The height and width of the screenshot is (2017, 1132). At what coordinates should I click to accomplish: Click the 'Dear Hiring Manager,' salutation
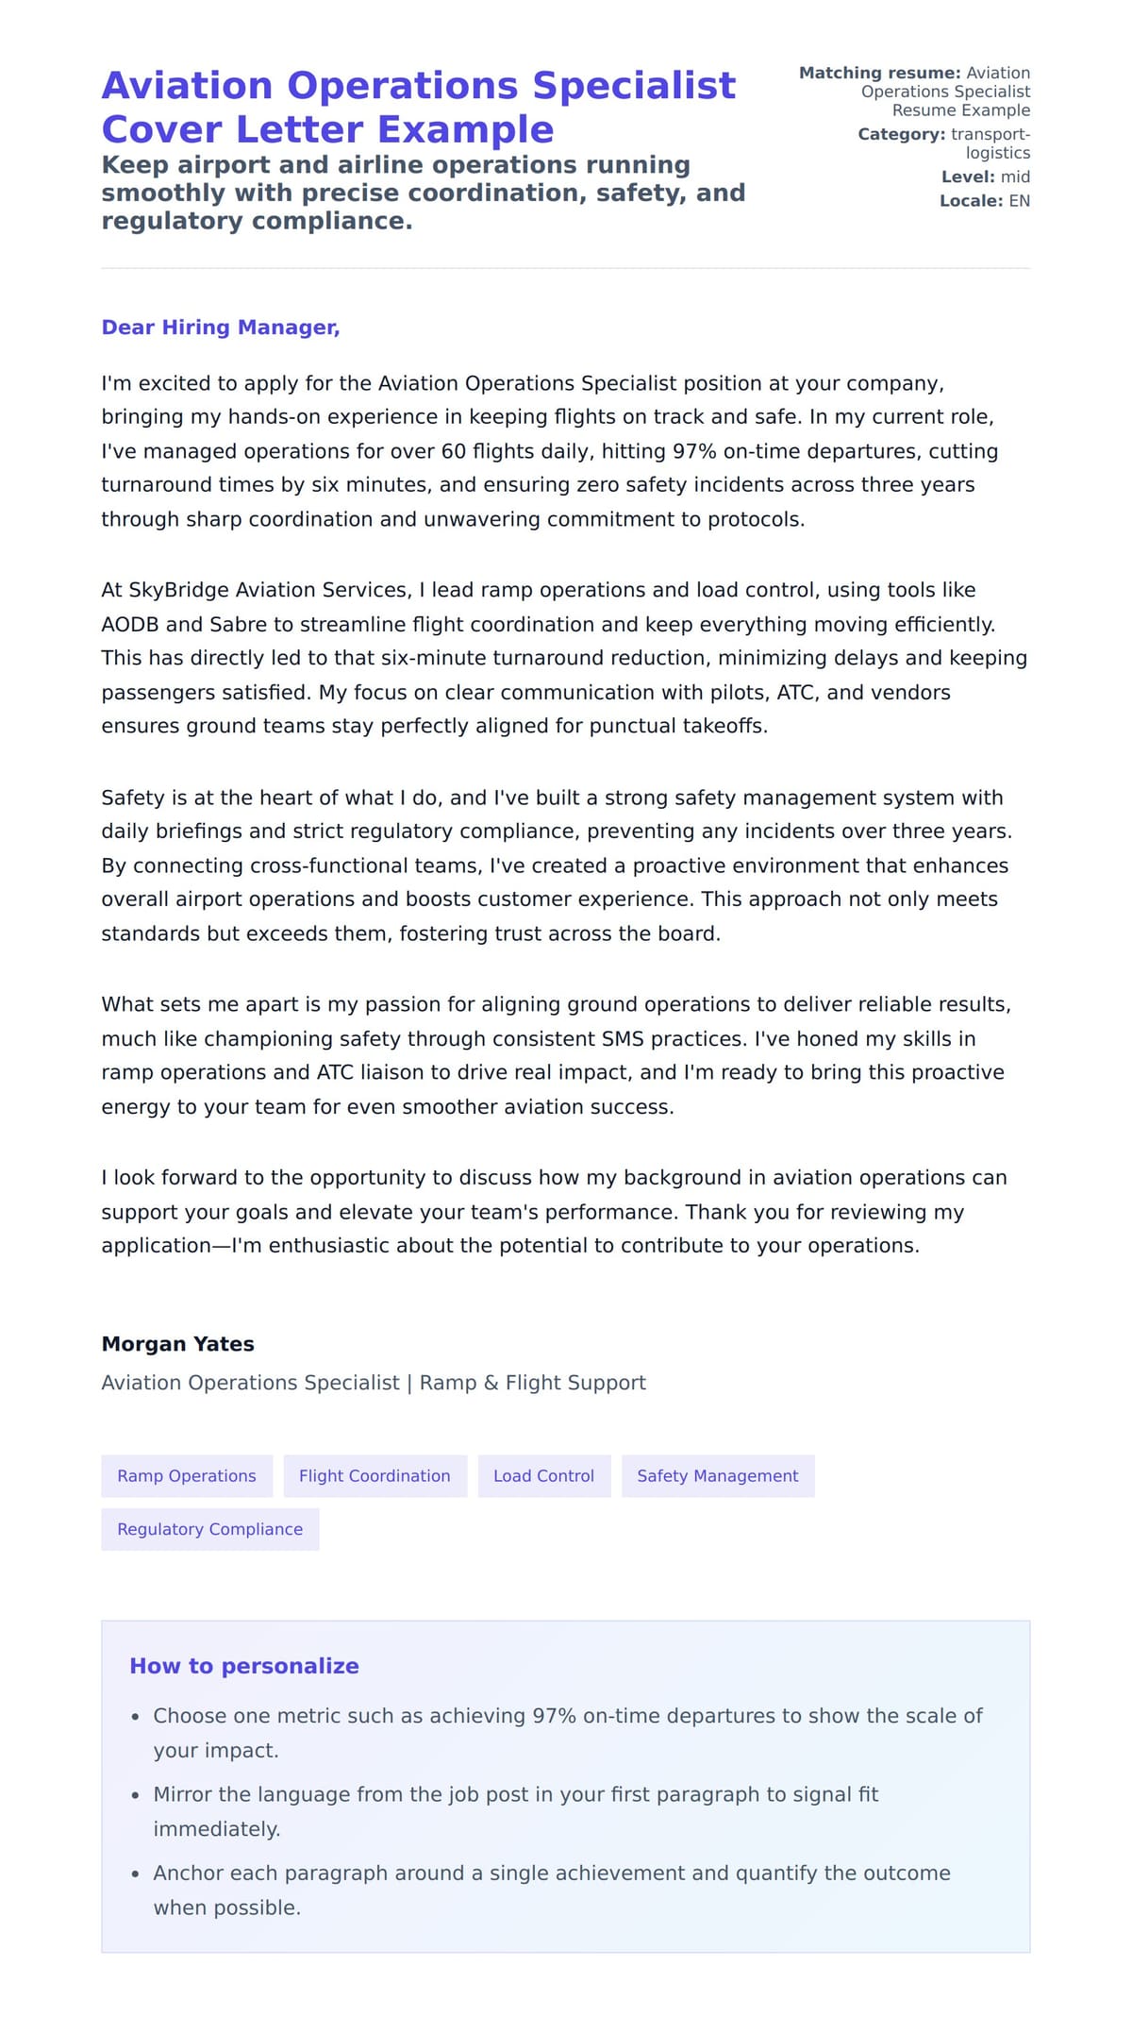coord(220,328)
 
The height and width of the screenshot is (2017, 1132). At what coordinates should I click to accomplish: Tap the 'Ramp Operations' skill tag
coord(187,1476)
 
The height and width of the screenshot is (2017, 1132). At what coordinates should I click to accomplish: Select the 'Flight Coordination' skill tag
coord(375,1476)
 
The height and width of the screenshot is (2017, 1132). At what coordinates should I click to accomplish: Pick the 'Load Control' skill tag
coord(543,1476)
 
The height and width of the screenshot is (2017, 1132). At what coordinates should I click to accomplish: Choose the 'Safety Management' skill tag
coord(717,1476)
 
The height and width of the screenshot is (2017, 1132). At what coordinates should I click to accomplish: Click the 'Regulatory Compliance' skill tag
coord(209,1529)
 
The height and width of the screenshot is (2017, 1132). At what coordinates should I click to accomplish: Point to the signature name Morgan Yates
coord(177,1344)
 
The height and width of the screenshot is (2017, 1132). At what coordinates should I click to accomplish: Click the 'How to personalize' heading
coord(243,1666)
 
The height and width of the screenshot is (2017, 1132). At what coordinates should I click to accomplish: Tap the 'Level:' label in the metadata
coord(968,177)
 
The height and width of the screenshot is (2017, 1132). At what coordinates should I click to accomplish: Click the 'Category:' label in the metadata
coord(901,135)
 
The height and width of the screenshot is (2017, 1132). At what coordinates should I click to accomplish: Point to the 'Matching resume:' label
coord(879,73)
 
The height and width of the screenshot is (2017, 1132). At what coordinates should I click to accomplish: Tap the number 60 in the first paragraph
coord(454,451)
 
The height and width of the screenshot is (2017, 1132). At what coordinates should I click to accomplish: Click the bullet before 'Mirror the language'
coord(136,1795)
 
